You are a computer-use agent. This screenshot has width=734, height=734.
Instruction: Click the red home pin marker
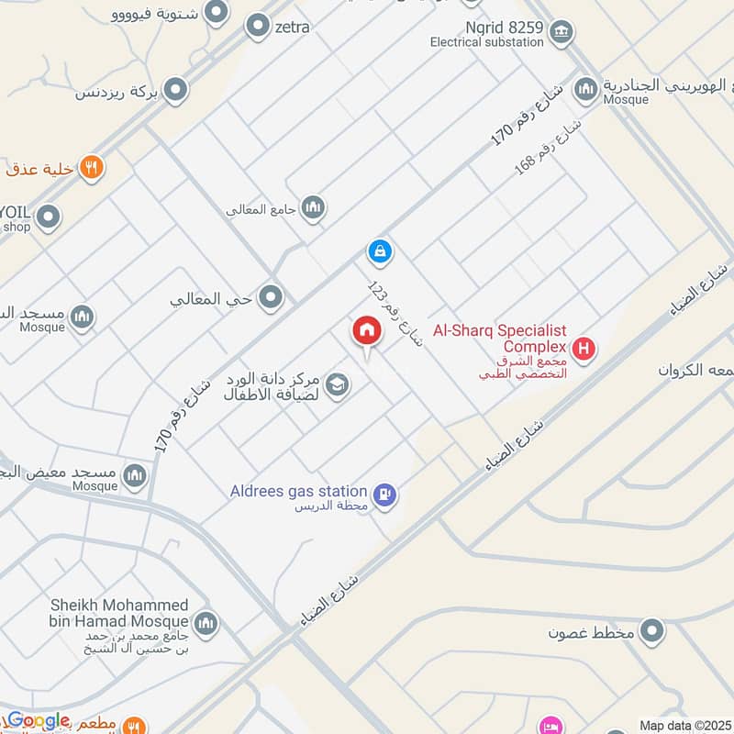pos(365,332)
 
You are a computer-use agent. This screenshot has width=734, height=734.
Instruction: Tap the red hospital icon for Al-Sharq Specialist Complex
pos(583,349)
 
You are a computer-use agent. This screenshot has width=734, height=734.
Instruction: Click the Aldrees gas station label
pos(299,492)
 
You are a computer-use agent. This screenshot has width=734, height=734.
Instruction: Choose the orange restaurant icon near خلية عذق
pos(91,167)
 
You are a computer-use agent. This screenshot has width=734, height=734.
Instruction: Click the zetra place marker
pos(257,28)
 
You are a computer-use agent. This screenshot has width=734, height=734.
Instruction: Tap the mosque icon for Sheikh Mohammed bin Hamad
pos(206,622)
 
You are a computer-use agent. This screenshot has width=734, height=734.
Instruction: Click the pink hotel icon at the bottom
pos(551,726)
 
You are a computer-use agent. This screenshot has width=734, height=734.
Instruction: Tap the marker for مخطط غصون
pos(652,632)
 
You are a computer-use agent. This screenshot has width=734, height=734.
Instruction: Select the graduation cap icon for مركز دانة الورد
pos(337,384)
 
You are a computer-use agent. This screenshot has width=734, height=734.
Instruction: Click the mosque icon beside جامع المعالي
pos(314,208)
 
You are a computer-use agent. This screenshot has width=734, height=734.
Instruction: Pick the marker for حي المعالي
pos(271,297)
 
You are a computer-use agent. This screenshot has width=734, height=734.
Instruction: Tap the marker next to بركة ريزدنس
pos(176,90)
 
